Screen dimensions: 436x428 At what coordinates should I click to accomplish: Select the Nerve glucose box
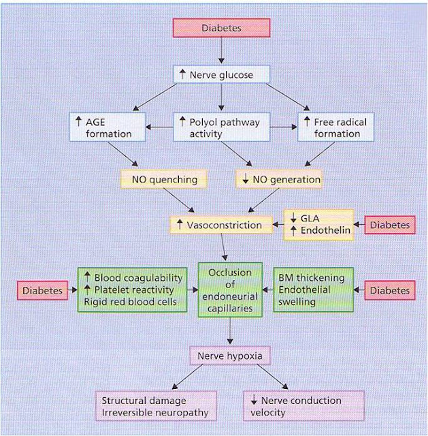(222, 74)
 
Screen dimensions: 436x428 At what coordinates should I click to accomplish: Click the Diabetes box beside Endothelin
(391, 224)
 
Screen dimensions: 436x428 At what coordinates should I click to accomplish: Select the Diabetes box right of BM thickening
(391, 290)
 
